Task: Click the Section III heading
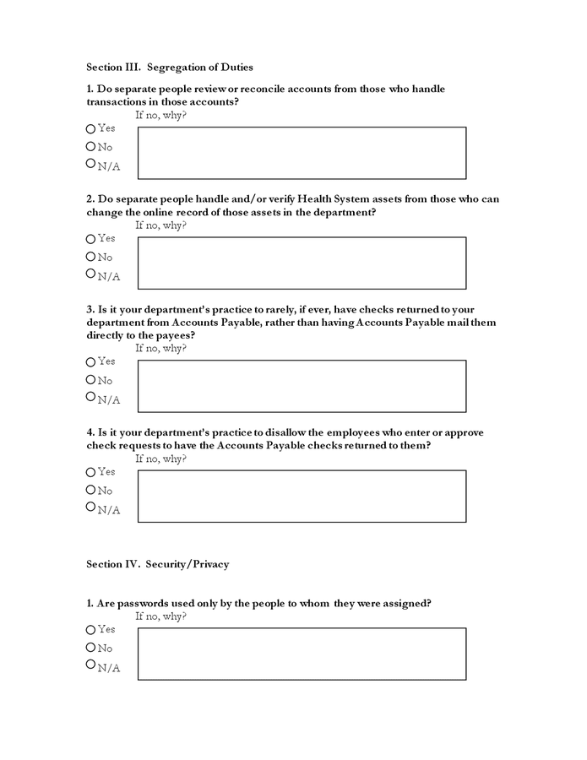tap(170, 67)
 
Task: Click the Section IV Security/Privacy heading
tap(157, 564)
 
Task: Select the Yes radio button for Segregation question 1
tap(91, 129)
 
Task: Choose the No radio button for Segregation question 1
tap(91, 147)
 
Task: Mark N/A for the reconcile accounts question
tap(91, 164)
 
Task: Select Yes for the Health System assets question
tap(91, 239)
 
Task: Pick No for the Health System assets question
tap(91, 257)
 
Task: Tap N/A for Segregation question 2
tap(91, 274)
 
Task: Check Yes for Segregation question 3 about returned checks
tap(91, 362)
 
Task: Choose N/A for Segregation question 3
tap(91, 397)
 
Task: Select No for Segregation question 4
tap(91, 490)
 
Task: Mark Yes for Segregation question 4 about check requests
tap(91, 472)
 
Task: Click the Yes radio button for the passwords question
tap(91, 630)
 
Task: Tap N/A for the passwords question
tap(91, 665)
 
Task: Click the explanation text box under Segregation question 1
tap(302, 153)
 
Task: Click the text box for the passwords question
tap(302, 654)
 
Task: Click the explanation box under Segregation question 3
tap(302, 386)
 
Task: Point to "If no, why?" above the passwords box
tap(160, 616)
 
